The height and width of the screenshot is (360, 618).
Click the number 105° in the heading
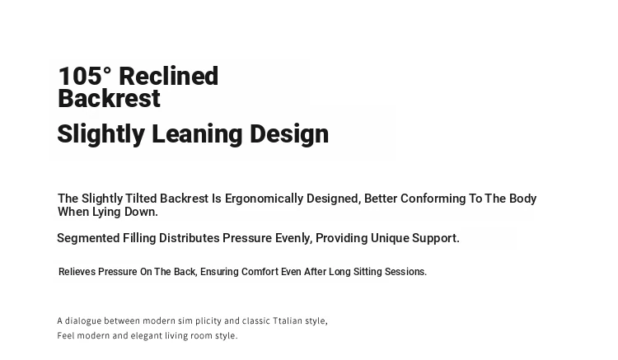coord(84,76)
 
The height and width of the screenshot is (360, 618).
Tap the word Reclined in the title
coord(168,76)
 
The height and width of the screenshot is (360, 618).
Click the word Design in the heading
coord(289,134)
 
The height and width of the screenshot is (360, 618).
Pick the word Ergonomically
coord(264,199)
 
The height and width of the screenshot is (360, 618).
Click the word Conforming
coord(433,199)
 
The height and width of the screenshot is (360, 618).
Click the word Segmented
coord(88,238)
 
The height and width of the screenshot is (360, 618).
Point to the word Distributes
coord(190,238)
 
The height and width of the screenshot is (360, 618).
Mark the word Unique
coord(390,239)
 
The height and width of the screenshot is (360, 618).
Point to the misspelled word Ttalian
coord(288,321)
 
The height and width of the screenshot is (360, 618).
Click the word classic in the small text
coord(256,321)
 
